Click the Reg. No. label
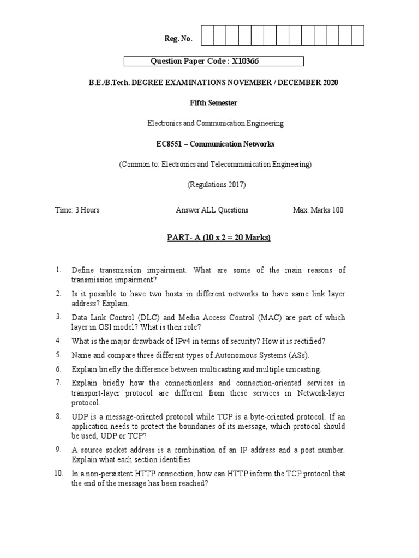tap(178, 39)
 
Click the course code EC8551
tap(171, 144)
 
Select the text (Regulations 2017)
tap(217, 185)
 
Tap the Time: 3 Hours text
tap(77, 210)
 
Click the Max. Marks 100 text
tap(318, 210)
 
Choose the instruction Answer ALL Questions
tap(212, 210)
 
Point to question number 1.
tap(58, 270)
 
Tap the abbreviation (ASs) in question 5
tap(297, 355)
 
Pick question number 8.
tap(58, 416)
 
